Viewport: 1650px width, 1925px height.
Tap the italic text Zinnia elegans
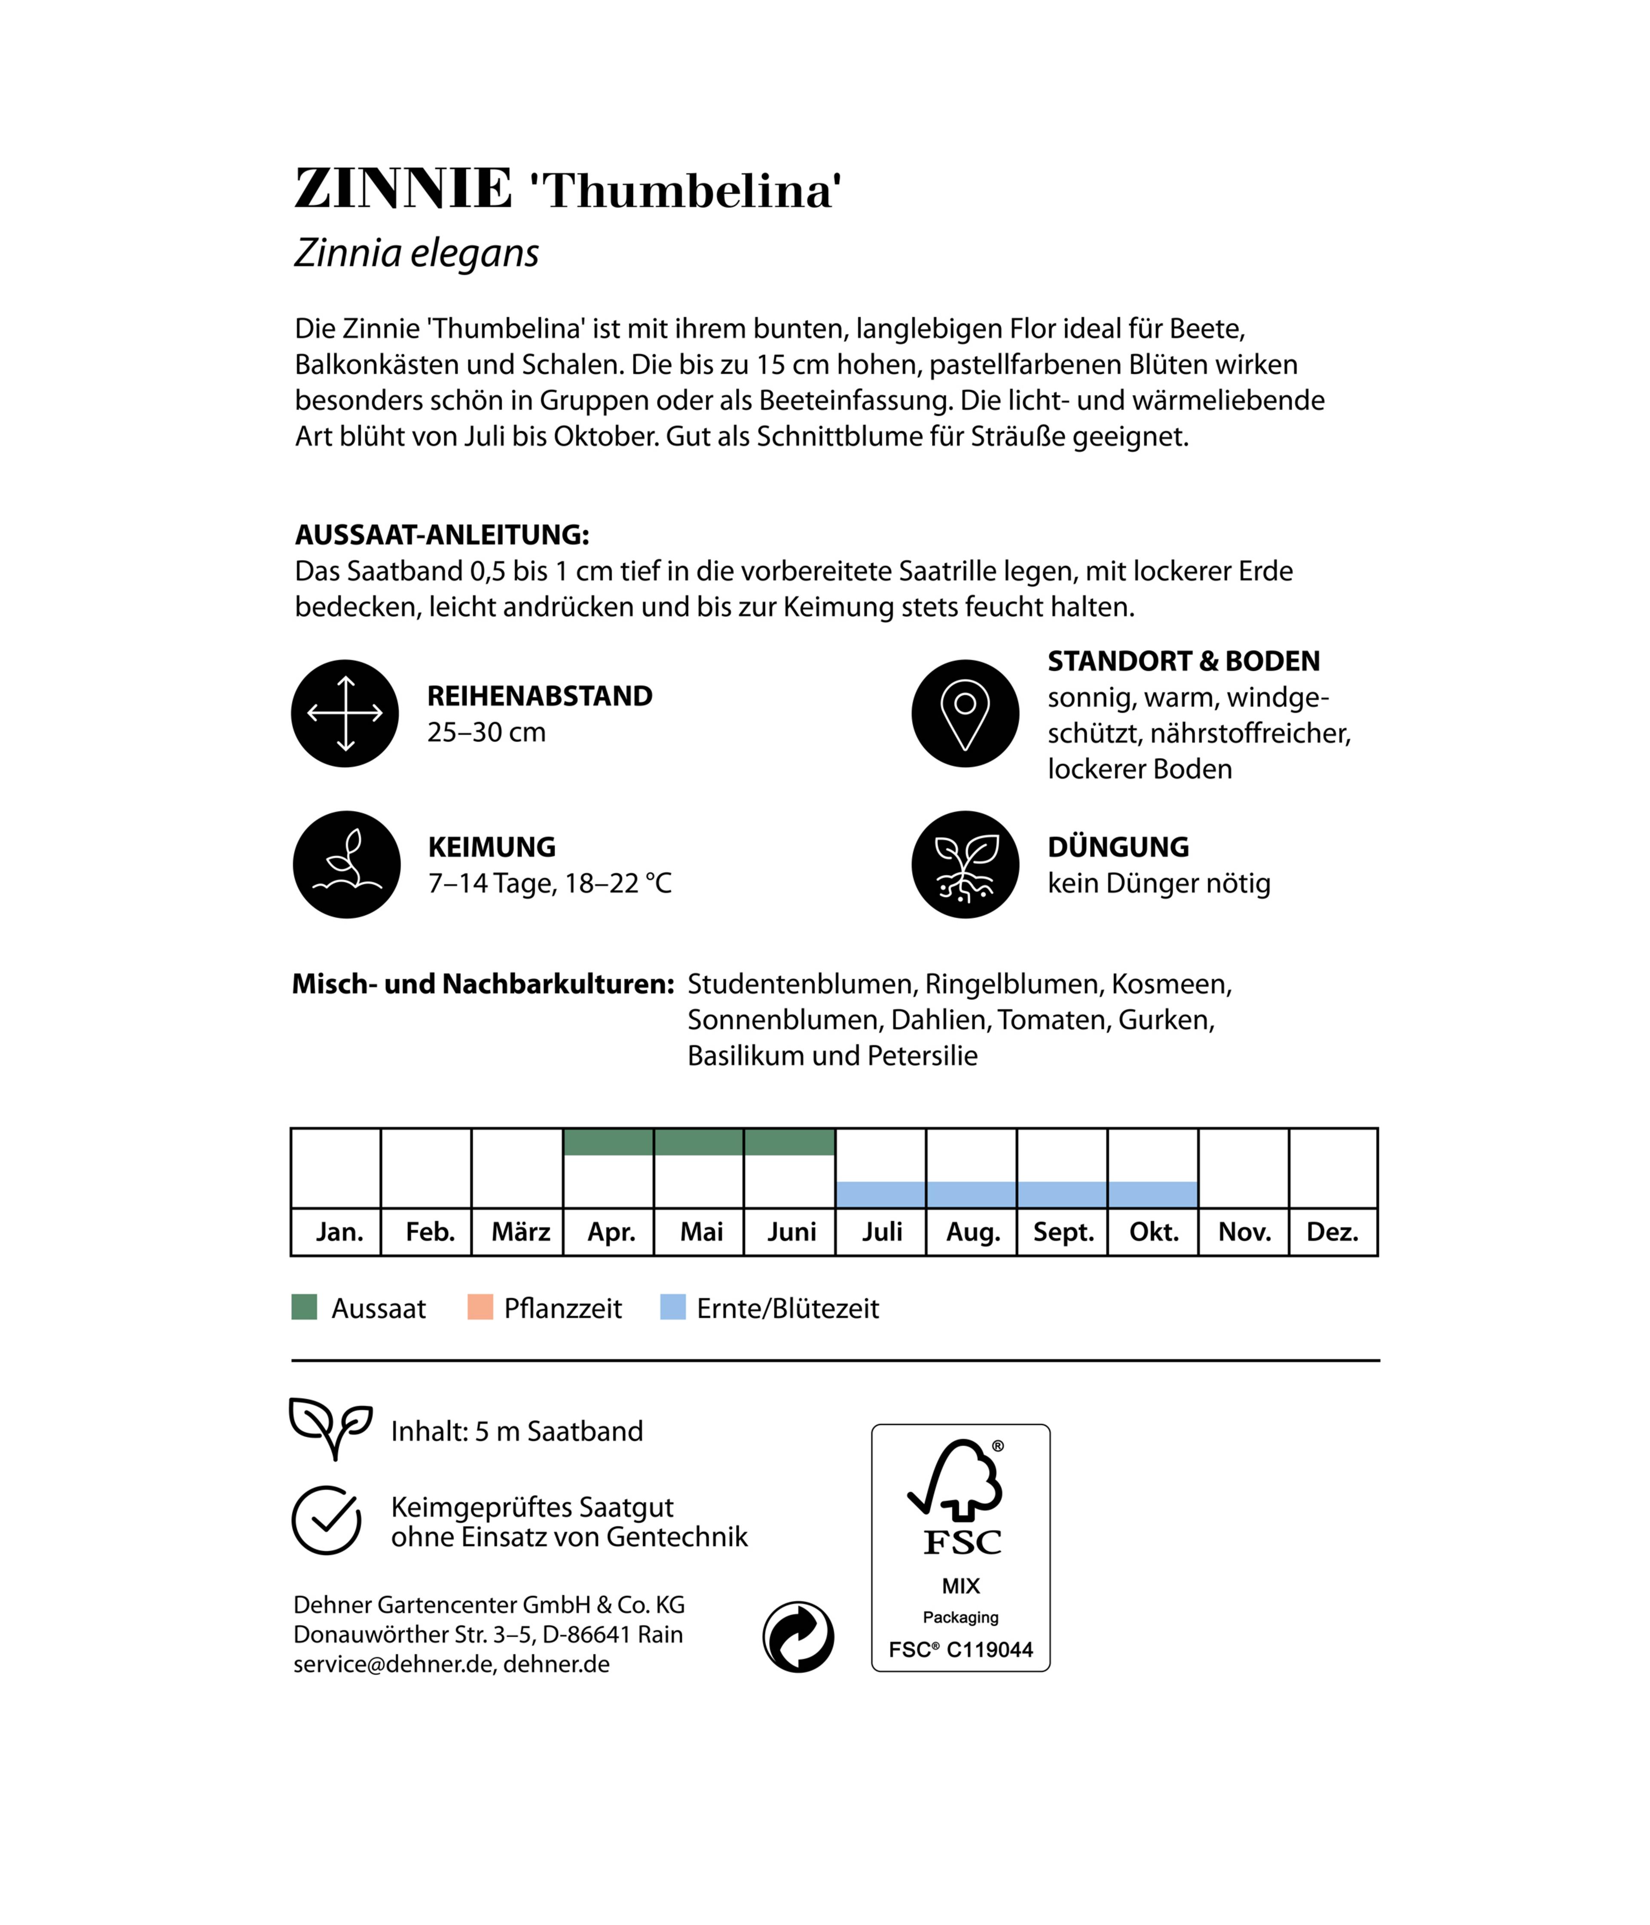point(416,253)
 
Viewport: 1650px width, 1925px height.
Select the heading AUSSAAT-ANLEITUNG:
point(441,535)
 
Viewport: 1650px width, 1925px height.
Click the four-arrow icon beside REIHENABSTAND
point(345,714)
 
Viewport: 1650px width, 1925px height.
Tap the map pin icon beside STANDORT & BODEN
point(965,714)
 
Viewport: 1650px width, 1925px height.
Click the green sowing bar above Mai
point(699,1142)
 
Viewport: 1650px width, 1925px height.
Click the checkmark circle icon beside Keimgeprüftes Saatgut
point(326,1520)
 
